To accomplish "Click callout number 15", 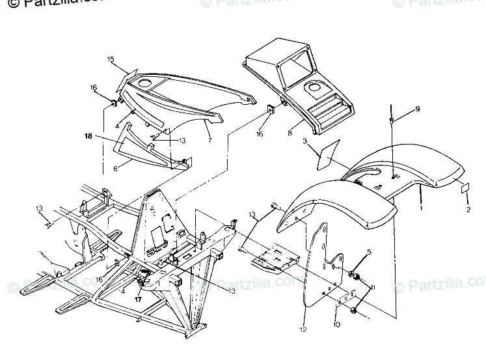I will click(x=111, y=59).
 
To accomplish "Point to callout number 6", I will click(x=116, y=167).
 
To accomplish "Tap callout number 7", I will click(x=209, y=139).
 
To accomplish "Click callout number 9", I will click(x=418, y=108).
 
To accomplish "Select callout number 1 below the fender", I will click(x=420, y=209).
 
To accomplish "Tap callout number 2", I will click(x=468, y=210).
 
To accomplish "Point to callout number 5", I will click(x=368, y=251).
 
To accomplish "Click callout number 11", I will click(x=373, y=287).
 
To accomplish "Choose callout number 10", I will click(x=336, y=325).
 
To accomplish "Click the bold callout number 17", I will click(x=137, y=300).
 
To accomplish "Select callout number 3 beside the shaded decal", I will click(x=304, y=141).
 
